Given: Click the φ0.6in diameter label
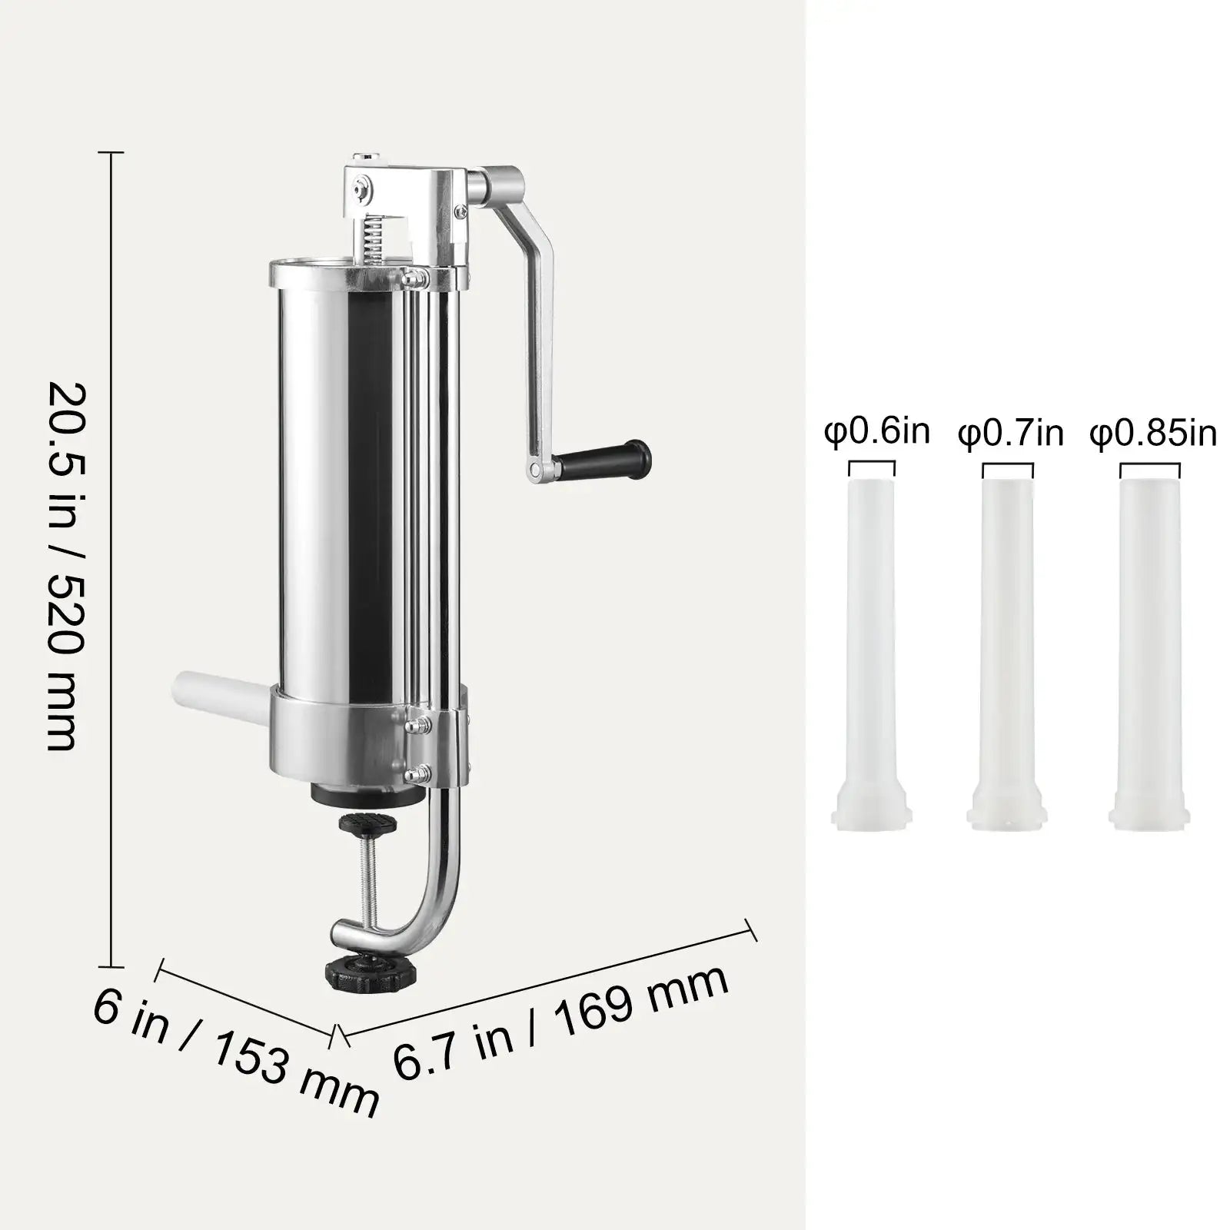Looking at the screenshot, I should [876, 432].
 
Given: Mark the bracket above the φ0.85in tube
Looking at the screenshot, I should [1149, 468].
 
